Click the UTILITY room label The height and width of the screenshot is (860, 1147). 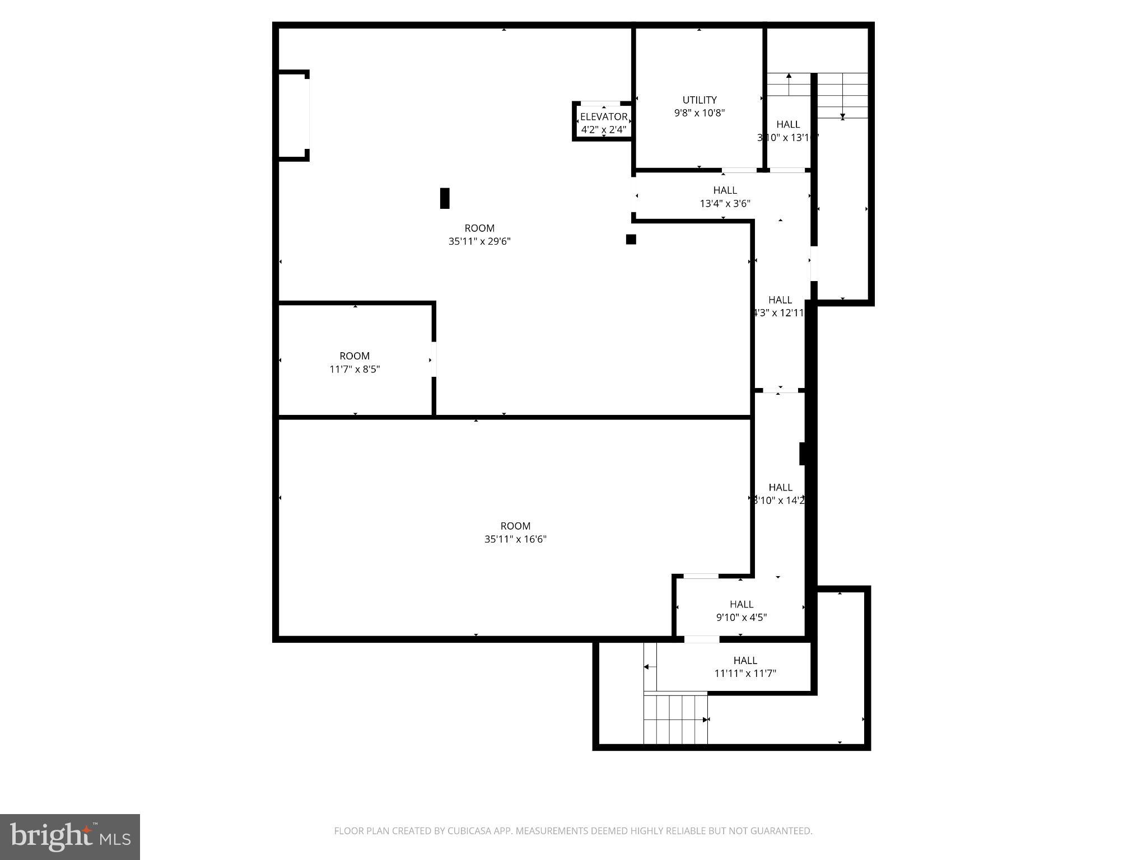tap(699, 100)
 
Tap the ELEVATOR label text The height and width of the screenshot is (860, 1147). tap(603, 116)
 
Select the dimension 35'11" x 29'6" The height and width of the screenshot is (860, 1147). tap(479, 241)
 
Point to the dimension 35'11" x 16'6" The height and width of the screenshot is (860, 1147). tap(515, 539)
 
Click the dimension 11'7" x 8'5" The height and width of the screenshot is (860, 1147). tap(355, 369)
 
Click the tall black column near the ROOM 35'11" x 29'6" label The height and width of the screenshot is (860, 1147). tap(445, 198)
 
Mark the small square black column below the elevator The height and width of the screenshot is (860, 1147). tap(631, 239)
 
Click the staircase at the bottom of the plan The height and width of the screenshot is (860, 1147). tap(675, 719)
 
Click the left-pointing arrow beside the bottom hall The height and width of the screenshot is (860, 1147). tap(646, 666)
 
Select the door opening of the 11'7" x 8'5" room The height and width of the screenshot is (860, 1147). tap(433, 359)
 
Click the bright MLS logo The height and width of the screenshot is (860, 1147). tap(70, 836)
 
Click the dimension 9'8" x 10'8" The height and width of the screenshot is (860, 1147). tap(699, 113)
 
